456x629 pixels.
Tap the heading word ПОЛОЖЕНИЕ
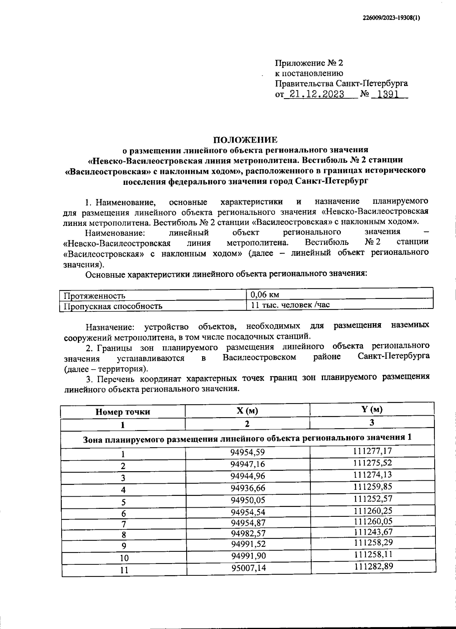tap(245, 140)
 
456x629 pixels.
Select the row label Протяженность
tap(94, 296)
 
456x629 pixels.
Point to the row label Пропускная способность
tap(113, 306)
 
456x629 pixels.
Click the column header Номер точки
tap(123, 411)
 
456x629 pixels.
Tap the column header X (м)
tap(247, 411)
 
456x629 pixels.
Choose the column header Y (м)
tap(372, 409)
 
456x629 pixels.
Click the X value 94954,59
tap(247, 452)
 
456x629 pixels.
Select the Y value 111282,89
tap(373, 566)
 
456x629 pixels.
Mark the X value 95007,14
tap(248, 568)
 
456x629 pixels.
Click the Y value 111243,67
tap(373, 532)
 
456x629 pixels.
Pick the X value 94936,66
tap(248, 488)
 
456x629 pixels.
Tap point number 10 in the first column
tap(124, 558)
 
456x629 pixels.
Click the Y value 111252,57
tap(373, 498)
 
